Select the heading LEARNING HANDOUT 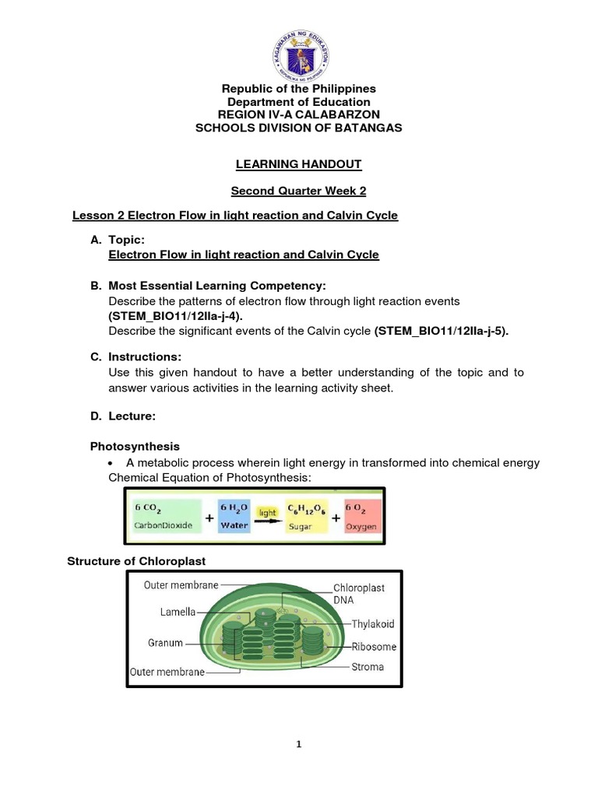coord(299,164)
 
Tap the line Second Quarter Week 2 coord(299,190)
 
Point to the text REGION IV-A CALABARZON coord(299,114)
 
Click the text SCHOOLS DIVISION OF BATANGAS coord(299,128)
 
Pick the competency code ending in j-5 coord(441,332)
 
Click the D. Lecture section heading coord(123,416)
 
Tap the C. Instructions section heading coord(135,356)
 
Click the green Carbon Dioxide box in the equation coord(167,517)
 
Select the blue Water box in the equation coord(234,517)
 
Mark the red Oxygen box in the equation coord(361,517)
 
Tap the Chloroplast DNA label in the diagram coord(359,595)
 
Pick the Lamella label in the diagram coord(178,613)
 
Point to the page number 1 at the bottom coord(299,744)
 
